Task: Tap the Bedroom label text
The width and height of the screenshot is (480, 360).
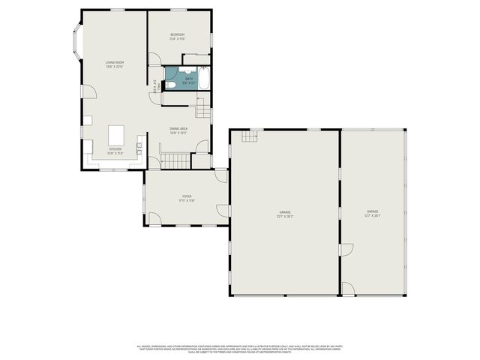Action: click(x=177, y=36)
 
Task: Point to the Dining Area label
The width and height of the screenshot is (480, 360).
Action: click(x=178, y=130)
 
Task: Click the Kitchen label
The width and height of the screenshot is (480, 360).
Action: click(x=115, y=150)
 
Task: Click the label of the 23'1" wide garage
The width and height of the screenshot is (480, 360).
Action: click(x=286, y=213)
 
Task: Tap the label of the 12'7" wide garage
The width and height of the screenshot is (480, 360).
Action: click(x=373, y=213)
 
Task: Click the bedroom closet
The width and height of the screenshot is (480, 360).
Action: click(x=196, y=56)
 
